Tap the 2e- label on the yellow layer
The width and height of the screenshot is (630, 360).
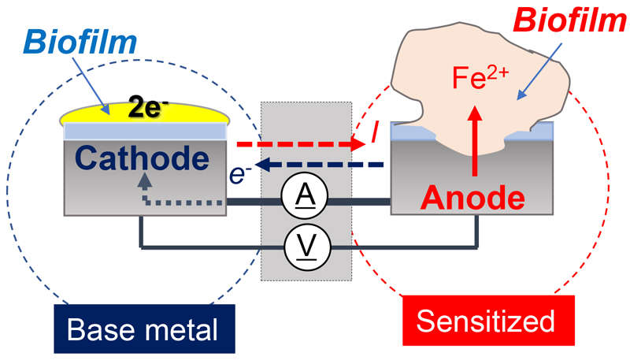(146, 110)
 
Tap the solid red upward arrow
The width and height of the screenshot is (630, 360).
(475, 142)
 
